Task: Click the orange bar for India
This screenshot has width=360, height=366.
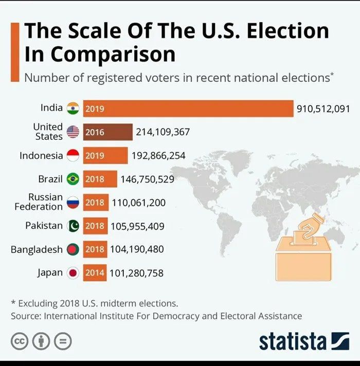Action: (x=188, y=108)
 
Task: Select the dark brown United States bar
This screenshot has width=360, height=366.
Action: (x=107, y=132)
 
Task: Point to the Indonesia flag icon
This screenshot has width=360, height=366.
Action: (x=73, y=155)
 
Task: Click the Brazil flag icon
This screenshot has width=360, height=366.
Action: (x=73, y=179)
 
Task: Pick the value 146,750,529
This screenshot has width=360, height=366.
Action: (x=147, y=179)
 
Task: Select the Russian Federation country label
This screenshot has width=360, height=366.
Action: (x=39, y=202)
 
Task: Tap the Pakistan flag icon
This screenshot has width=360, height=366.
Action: (x=73, y=226)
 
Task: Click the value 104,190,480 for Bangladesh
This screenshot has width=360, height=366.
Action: (x=137, y=249)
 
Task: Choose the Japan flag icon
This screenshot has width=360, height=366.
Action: (x=73, y=273)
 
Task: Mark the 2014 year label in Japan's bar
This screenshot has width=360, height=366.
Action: (x=95, y=273)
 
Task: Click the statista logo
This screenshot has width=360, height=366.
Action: (x=304, y=341)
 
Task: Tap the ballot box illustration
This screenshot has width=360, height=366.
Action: (x=304, y=252)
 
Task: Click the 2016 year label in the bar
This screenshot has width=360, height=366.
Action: (x=95, y=132)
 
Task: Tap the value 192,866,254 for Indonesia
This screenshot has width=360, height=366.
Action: (x=158, y=156)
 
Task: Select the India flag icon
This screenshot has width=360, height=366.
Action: (x=73, y=108)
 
